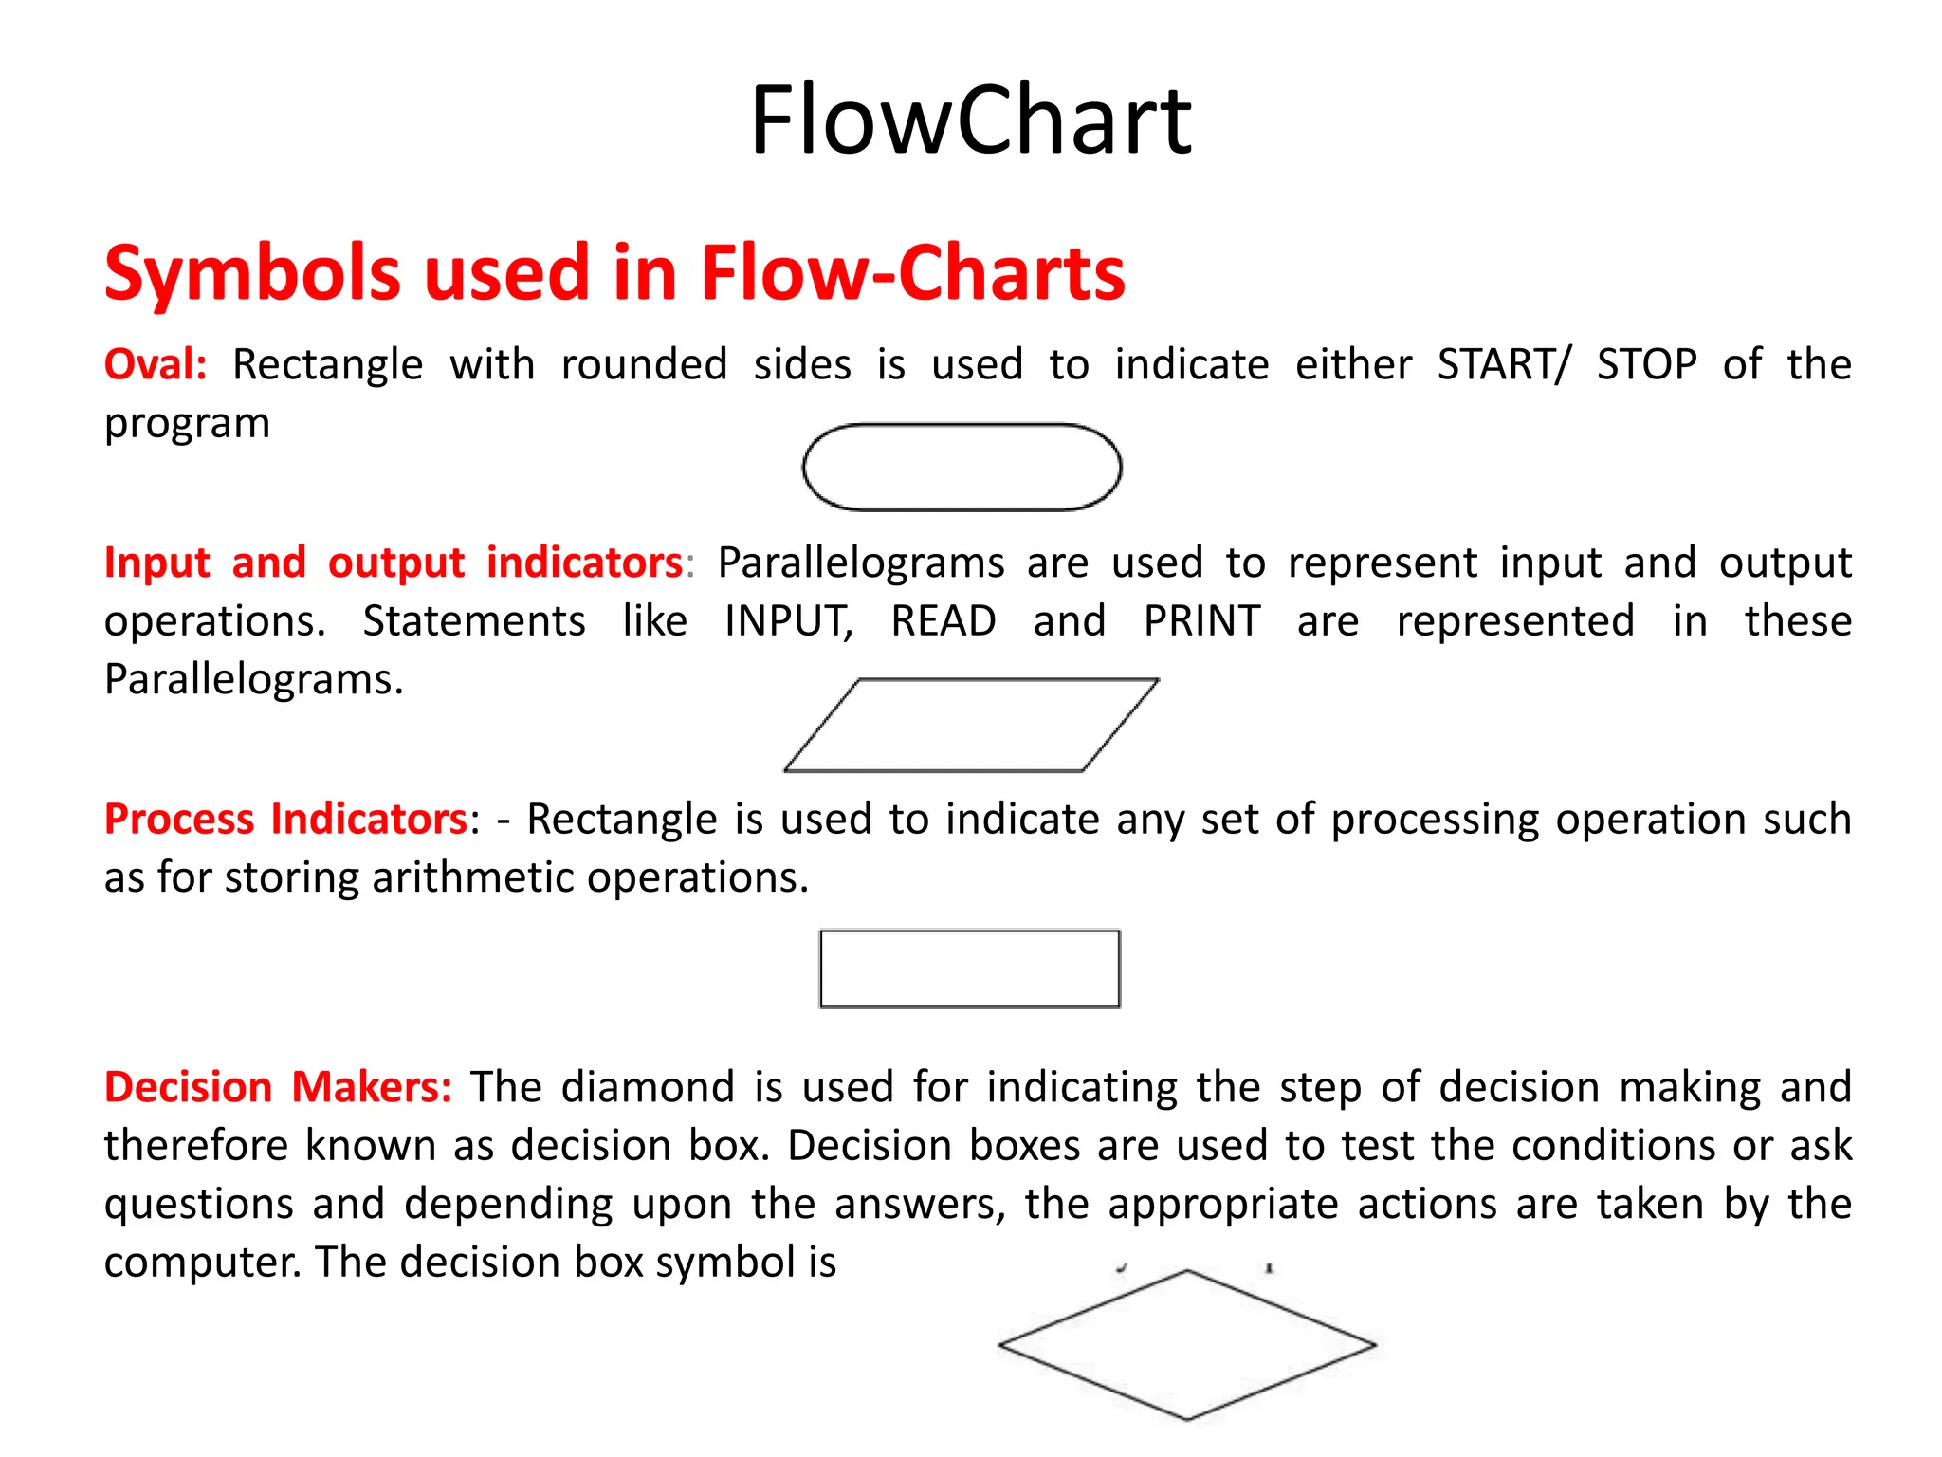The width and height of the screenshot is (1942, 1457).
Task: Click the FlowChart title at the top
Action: (x=970, y=120)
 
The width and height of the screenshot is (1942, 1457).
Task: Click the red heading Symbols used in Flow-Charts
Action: (x=614, y=273)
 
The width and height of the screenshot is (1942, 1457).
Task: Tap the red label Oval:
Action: (x=156, y=364)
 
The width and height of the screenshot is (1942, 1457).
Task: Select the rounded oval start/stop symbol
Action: (x=962, y=468)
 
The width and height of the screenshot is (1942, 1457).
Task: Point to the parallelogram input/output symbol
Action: (x=971, y=726)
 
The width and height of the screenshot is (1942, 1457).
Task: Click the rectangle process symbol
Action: (x=969, y=968)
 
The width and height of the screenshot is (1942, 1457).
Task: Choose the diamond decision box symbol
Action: (x=1186, y=1344)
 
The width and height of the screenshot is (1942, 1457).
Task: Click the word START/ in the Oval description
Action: (x=1504, y=364)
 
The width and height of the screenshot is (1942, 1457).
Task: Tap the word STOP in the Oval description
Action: (x=1646, y=364)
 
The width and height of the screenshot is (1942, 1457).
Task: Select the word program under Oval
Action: (x=187, y=424)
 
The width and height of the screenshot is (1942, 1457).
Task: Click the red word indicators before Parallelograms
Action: (x=584, y=563)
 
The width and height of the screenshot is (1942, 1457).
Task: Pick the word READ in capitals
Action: (x=944, y=621)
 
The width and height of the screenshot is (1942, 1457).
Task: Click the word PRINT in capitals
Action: (x=1201, y=621)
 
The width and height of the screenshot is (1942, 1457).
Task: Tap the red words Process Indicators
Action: (x=285, y=819)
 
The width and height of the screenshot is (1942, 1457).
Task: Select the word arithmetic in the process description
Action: (x=473, y=877)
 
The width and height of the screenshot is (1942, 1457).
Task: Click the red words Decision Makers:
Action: (x=278, y=1087)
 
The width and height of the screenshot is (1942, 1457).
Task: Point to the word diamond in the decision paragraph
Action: (x=648, y=1087)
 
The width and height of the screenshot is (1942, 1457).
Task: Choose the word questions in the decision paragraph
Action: (x=199, y=1205)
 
